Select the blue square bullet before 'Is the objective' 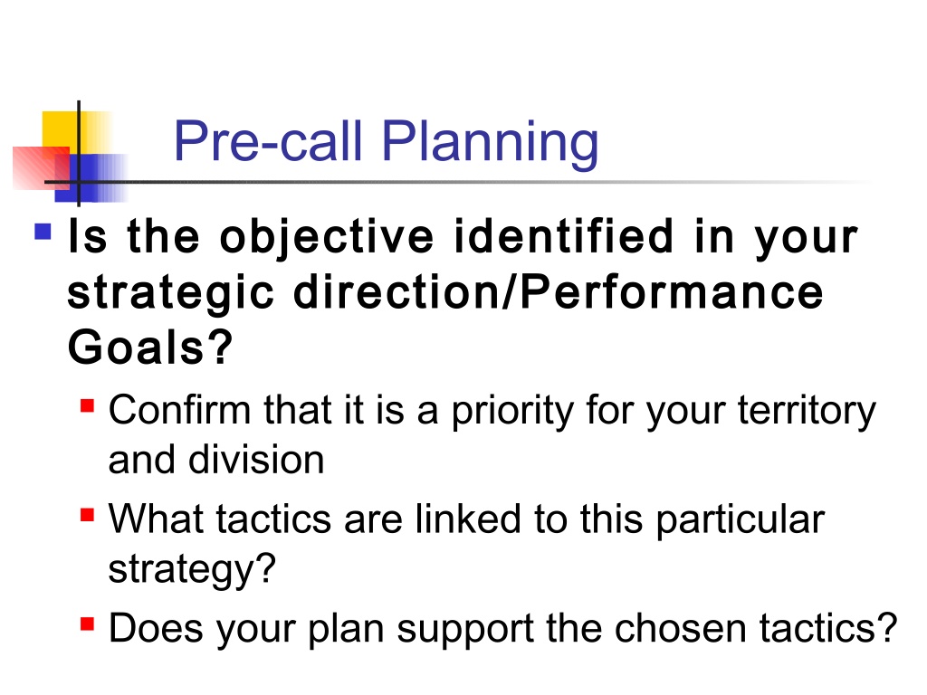(x=43, y=231)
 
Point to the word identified (x=563, y=236)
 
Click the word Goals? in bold (x=150, y=347)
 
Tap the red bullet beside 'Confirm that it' (x=88, y=406)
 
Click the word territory (x=807, y=413)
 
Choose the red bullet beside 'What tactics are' (x=88, y=515)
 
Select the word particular (x=741, y=522)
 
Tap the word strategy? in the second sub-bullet (x=192, y=571)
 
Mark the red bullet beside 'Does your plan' (x=88, y=624)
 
